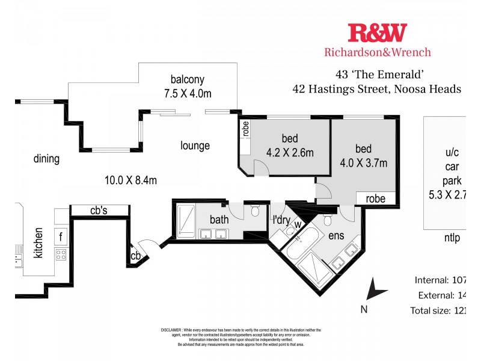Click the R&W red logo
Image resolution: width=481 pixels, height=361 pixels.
click(x=377, y=32)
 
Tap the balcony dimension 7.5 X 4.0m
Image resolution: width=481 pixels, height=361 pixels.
click(x=188, y=94)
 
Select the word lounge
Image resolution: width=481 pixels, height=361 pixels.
click(x=195, y=146)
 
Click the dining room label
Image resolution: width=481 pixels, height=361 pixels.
click(x=46, y=159)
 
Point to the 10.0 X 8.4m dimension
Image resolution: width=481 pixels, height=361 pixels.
click(x=130, y=179)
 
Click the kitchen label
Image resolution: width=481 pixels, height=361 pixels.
click(x=38, y=242)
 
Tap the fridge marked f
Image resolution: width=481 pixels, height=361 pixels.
click(x=61, y=235)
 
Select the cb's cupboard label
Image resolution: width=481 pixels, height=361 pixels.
click(x=99, y=210)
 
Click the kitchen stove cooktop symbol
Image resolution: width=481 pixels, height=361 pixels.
click(x=61, y=255)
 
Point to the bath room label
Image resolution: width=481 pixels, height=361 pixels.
click(x=219, y=220)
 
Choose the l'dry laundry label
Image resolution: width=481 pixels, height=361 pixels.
click(x=281, y=220)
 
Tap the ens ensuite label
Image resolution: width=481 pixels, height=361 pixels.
click(x=335, y=235)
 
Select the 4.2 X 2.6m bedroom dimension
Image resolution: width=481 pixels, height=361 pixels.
click(x=289, y=153)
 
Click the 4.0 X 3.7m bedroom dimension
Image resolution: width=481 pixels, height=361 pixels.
click(x=363, y=163)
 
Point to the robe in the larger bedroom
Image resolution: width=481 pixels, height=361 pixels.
click(x=375, y=198)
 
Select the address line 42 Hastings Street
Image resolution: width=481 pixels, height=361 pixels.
click(x=376, y=89)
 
